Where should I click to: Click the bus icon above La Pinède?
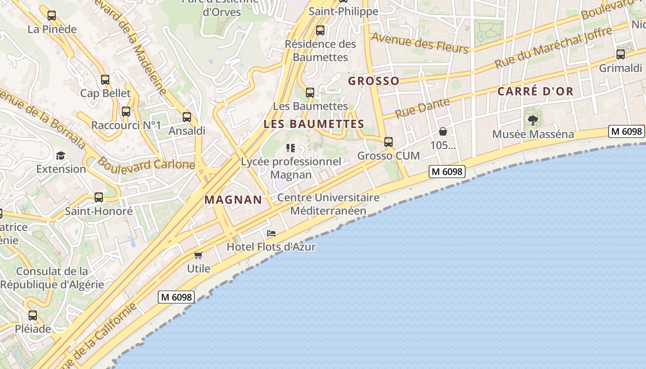52,16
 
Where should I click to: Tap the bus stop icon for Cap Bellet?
105,80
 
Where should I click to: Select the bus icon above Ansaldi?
187,117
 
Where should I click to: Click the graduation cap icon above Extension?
60,155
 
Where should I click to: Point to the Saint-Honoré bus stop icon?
99,197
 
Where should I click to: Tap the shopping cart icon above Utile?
198,255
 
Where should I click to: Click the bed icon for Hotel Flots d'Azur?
271,233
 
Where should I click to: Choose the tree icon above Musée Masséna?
533,121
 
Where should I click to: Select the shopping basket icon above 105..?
443,132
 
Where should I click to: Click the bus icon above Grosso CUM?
389,142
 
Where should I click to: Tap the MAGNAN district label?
233,200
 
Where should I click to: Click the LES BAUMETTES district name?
314,124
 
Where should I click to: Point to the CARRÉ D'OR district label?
535,91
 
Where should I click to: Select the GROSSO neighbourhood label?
374,81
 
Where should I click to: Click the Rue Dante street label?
422,108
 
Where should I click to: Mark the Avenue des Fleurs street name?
420,43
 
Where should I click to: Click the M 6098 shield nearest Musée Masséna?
626,131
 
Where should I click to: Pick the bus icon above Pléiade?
33,316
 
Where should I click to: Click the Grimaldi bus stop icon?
621,54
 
